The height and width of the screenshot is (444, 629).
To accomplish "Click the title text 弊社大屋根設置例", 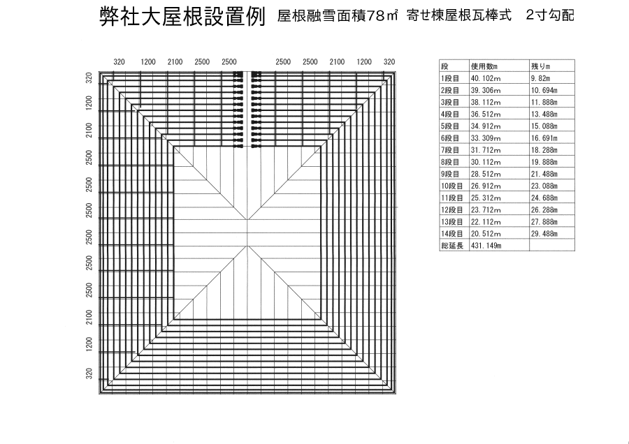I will tap(182, 17).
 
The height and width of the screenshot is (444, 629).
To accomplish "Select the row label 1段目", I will tap(449, 78).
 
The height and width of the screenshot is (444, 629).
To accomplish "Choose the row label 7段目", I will tap(449, 150).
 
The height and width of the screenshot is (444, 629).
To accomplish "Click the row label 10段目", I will tap(451, 186).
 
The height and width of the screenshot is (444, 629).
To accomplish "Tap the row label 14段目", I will tap(451, 235).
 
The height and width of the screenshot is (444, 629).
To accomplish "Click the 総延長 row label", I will tap(451, 246).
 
